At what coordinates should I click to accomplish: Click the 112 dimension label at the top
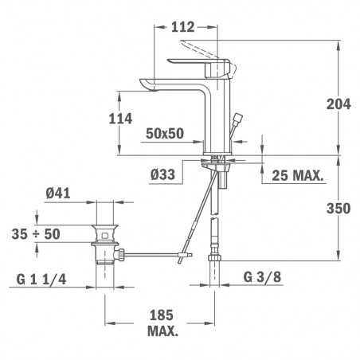(x=182, y=27)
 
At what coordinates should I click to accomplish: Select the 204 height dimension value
(x=338, y=104)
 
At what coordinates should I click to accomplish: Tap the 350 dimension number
(x=338, y=208)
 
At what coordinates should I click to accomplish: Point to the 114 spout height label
(x=120, y=119)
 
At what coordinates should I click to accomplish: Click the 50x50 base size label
(x=165, y=133)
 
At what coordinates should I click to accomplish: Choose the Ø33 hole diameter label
(x=162, y=174)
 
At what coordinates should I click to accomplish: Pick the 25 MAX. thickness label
(x=298, y=175)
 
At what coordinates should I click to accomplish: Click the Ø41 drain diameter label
(x=58, y=193)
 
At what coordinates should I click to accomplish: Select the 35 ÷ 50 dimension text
(x=36, y=234)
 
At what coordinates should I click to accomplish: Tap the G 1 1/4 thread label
(x=41, y=279)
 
